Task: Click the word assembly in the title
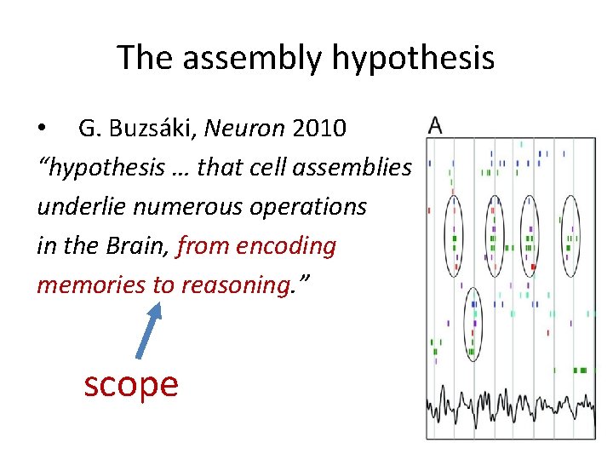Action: [x=252, y=58]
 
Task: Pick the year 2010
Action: [x=318, y=129]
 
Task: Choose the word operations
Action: [x=307, y=207]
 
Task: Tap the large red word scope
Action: [x=131, y=384]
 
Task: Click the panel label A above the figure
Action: [x=435, y=127]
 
